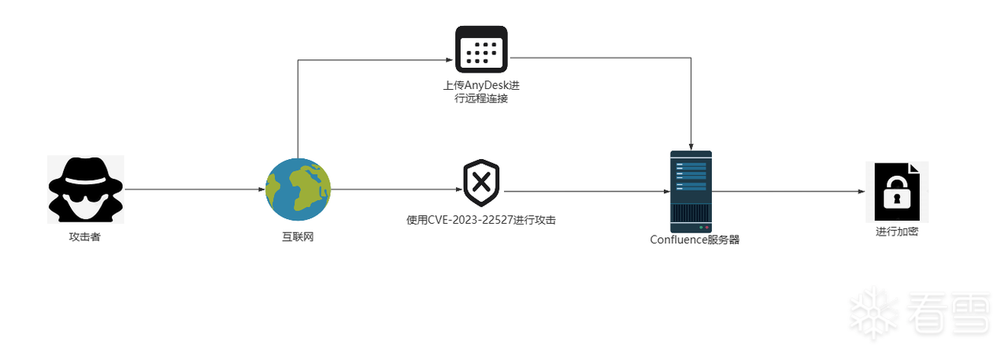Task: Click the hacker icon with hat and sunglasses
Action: pos(85,189)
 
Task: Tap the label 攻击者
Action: pos(85,237)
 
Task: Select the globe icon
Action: pos(298,189)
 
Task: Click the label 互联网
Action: pos(298,237)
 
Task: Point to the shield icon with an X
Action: pos(481,183)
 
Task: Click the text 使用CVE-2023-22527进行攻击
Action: pos(481,221)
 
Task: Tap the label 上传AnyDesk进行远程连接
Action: pos(481,91)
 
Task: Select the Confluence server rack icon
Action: pos(691,190)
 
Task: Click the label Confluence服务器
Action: pos(695,240)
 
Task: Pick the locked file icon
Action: pos(896,191)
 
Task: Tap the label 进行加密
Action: pos(897,232)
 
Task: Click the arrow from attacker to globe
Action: pos(193,190)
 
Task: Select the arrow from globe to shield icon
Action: pos(394,190)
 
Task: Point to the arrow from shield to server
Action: pos(587,190)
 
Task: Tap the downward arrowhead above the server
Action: pos(691,145)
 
